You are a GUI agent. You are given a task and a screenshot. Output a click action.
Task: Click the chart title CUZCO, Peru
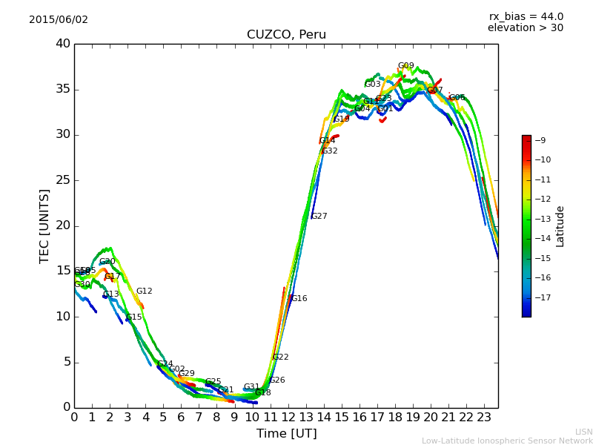(286, 35)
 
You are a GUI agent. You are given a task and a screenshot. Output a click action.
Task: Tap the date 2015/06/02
(59, 20)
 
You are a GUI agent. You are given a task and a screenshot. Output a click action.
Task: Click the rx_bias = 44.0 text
(526, 17)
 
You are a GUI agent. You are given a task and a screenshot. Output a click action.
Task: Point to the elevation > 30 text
(526, 28)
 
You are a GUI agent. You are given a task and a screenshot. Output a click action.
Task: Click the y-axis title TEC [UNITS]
(45, 225)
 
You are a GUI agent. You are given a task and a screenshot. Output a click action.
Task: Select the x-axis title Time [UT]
(286, 434)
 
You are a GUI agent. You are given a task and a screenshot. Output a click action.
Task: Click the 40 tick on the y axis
(62, 44)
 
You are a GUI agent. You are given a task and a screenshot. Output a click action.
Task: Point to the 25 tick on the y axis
(62, 180)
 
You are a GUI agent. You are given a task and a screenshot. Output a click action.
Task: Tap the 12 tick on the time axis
(288, 417)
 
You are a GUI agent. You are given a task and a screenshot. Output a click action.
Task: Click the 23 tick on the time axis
(484, 417)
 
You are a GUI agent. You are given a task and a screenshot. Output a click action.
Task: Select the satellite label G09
(405, 66)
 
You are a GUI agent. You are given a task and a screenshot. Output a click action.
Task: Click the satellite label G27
(319, 217)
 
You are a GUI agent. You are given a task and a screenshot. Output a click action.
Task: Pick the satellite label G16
(299, 299)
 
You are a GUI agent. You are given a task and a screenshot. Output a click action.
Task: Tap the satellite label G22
(280, 357)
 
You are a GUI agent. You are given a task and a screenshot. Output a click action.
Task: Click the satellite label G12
(144, 291)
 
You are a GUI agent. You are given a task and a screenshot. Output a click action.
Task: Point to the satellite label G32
(329, 151)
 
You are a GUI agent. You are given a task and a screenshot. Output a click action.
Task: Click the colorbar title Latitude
(560, 226)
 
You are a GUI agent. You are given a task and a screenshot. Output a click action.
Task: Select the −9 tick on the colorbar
(541, 140)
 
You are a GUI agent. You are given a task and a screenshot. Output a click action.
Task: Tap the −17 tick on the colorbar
(541, 297)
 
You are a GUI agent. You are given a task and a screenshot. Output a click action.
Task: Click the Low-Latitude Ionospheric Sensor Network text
(507, 441)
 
